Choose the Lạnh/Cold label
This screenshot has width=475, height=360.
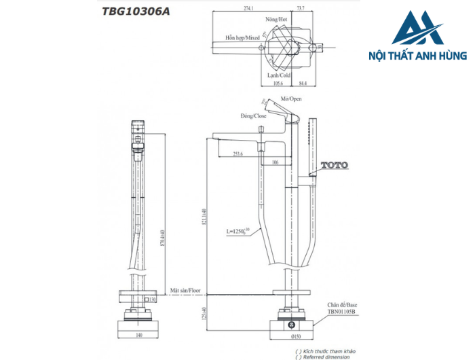click(x=279, y=75)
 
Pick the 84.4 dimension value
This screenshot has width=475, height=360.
click(x=302, y=84)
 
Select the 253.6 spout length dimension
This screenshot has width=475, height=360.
click(x=237, y=154)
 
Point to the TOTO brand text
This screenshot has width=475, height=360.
click(x=333, y=165)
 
